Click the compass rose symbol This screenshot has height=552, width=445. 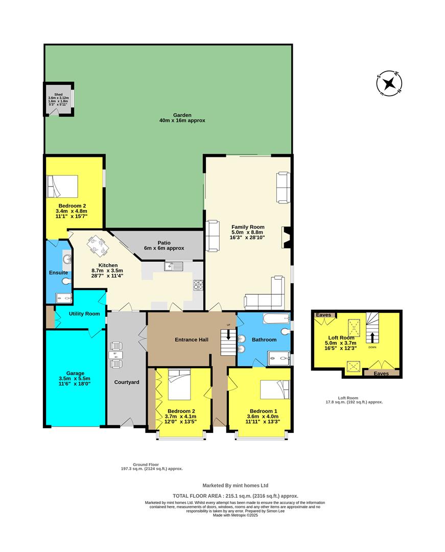389,83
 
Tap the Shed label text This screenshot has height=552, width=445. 58,95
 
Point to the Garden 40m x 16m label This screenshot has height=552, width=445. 182,118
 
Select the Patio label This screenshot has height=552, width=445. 164,243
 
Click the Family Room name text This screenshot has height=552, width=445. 248,227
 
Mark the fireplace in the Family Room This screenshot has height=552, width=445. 286,237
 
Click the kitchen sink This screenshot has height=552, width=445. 174,266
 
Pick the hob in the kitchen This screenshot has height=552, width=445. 198,285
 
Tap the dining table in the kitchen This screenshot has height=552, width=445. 98,247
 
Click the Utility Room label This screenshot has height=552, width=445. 84,314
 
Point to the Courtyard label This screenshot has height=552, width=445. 127,382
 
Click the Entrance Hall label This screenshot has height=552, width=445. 192,339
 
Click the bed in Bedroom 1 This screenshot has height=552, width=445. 275,389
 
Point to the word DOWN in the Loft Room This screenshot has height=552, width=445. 372,347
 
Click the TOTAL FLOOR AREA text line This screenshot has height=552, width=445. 236,496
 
